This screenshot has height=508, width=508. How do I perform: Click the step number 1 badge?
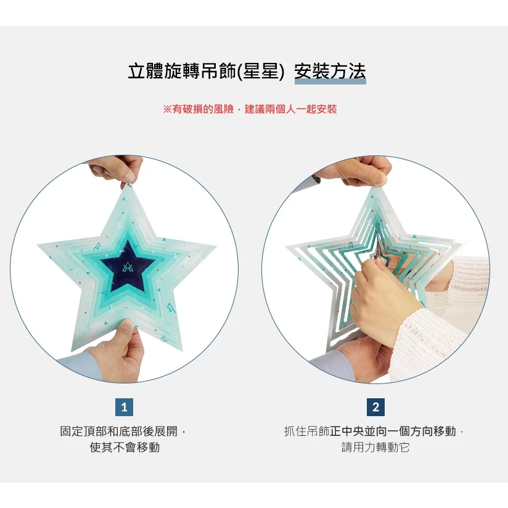click(124, 407)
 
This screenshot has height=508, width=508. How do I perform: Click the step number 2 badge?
click(375, 407)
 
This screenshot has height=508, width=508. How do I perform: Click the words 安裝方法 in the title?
click(330, 71)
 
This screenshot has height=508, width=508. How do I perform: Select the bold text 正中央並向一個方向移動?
click(393, 432)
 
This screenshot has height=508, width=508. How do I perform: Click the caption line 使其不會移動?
click(125, 448)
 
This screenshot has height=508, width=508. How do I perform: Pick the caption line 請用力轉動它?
click(375, 448)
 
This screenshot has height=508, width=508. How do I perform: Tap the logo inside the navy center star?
click(128, 265)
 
